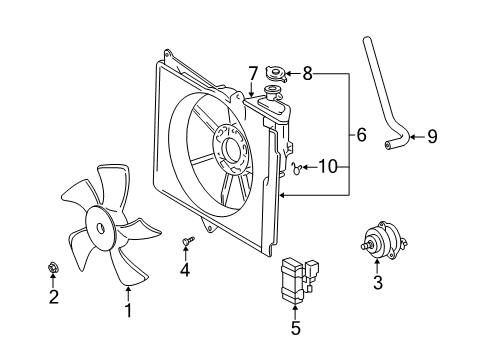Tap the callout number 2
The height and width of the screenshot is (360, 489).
click(x=53, y=296)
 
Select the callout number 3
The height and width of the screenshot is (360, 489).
click(x=377, y=284)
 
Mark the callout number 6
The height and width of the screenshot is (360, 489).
click(x=362, y=133)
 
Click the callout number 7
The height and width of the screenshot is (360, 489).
click(x=253, y=73)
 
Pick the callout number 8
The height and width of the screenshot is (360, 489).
click(x=308, y=73)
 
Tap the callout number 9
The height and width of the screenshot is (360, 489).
click(x=432, y=137)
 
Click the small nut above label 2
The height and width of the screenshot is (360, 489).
click(x=53, y=267)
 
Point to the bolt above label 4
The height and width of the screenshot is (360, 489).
click(x=186, y=240)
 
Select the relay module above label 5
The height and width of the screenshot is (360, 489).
click(x=295, y=275)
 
